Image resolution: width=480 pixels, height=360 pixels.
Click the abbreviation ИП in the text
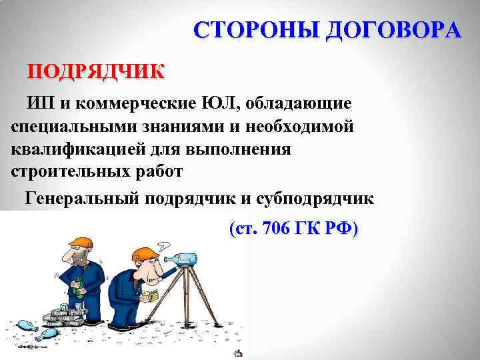(x=37, y=104)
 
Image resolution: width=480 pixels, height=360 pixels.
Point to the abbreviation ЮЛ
(x=218, y=104)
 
